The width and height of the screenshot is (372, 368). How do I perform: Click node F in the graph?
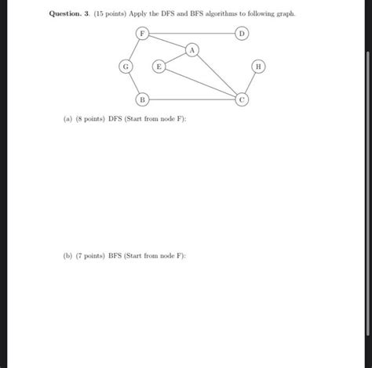[142, 34]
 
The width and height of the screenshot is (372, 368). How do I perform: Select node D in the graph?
[243, 34]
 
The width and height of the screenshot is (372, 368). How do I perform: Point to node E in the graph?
[159, 67]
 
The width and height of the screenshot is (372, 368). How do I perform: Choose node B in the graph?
[142, 99]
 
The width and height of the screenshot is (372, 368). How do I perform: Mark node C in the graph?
[243, 99]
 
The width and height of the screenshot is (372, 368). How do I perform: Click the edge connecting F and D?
[192, 34]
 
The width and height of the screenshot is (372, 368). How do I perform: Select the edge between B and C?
[192, 99]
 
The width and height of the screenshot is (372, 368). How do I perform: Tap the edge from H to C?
[251, 83]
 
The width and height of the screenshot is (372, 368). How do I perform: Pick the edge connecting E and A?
[175, 59]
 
